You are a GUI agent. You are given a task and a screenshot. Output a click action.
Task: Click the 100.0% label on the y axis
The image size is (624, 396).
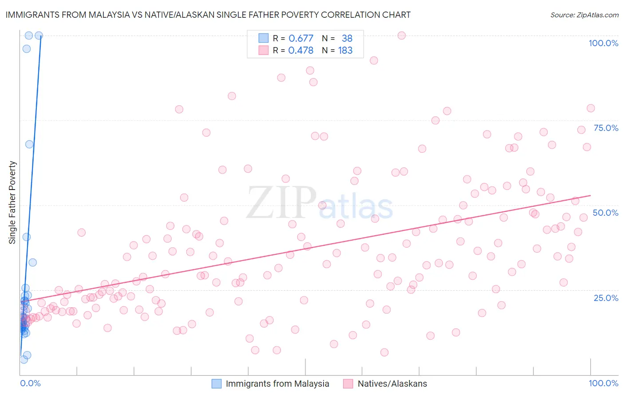click(x=603, y=43)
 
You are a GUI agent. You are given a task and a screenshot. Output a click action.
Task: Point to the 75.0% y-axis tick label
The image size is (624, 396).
click(x=606, y=128)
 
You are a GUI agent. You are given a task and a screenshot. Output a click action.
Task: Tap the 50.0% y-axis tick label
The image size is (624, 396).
click(x=605, y=213)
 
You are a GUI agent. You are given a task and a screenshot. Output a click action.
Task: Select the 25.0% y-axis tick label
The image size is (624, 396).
click(x=606, y=297)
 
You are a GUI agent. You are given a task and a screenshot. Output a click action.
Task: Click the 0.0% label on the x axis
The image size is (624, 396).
click(x=30, y=383)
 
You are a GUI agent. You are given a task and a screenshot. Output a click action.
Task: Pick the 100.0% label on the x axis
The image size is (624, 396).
click(x=603, y=383)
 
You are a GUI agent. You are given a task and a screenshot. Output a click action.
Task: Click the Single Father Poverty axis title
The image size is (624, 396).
click(x=12, y=202)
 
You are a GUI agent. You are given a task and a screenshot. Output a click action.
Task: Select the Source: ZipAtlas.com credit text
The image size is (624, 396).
click(x=584, y=15)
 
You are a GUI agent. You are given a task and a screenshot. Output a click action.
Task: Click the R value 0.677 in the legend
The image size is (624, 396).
click(x=301, y=38)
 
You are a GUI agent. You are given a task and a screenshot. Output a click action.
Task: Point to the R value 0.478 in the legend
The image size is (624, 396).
click(x=301, y=50)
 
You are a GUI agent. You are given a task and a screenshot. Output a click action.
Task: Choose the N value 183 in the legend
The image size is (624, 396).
click(x=345, y=50)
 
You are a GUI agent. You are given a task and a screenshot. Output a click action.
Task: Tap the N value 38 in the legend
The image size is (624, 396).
click(x=347, y=38)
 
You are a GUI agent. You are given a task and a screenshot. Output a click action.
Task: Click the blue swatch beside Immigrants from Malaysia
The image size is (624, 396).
click(x=216, y=384)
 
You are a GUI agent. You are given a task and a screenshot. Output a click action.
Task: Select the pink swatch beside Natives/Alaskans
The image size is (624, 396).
click(x=348, y=384)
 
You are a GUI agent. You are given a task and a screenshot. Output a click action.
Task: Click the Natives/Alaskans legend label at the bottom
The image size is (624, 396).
click(x=392, y=384)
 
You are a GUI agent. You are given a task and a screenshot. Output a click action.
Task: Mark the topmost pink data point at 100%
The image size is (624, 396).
click(x=402, y=36)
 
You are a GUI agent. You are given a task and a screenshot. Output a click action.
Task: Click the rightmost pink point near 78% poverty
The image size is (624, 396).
click(x=591, y=108)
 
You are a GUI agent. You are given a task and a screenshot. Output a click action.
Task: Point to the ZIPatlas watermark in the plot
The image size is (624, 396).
click(x=320, y=203)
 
